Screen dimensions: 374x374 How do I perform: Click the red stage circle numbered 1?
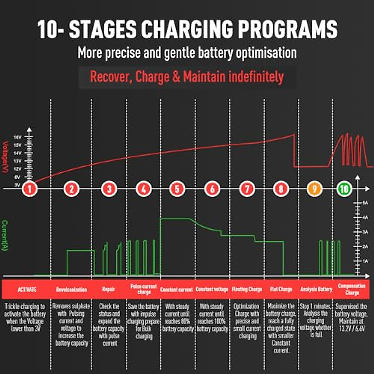(x=30, y=189)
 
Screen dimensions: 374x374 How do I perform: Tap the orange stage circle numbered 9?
(x=314, y=189)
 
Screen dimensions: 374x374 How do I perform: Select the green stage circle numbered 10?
(x=344, y=189)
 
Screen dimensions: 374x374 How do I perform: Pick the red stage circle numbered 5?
(x=177, y=189)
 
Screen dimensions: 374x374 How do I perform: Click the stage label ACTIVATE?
(x=27, y=290)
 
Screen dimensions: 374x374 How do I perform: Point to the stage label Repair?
(x=108, y=290)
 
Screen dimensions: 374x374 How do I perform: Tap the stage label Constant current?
(x=176, y=290)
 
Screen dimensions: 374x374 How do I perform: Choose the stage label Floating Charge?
(x=247, y=290)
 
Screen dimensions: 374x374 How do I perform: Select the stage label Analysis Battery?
(x=316, y=290)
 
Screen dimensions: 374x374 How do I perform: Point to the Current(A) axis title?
(x=5, y=235)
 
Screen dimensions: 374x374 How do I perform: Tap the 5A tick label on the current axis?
(x=365, y=203)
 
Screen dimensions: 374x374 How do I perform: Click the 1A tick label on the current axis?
(x=365, y=261)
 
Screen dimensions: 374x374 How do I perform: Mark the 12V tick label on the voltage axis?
(x=17, y=169)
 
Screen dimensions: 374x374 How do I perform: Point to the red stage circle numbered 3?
(x=109, y=189)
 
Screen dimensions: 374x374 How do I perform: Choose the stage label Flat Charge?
(x=281, y=290)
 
